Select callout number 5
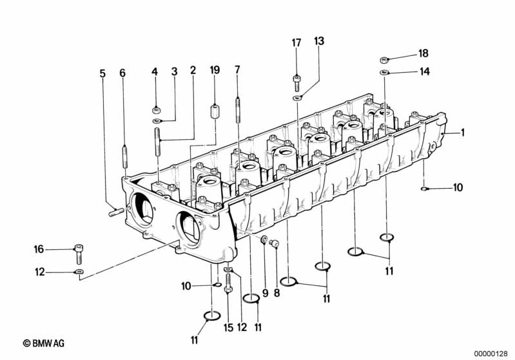click(102, 73)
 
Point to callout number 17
click(296, 43)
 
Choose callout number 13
click(320, 41)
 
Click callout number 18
click(423, 53)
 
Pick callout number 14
click(423, 71)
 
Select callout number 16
click(39, 249)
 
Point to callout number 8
click(277, 292)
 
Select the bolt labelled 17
click(296, 82)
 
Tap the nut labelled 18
click(384, 59)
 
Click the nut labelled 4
click(156, 108)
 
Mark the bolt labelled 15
click(228, 298)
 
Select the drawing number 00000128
click(493, 353)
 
